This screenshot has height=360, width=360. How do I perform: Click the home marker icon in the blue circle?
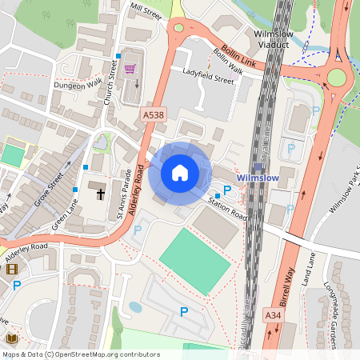(180, 172)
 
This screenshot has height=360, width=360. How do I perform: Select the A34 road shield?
(272, 317)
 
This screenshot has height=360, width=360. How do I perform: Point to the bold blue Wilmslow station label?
(257, 178)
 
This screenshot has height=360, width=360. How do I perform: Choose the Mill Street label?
(146, 10)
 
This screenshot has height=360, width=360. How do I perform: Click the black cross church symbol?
(99, 190)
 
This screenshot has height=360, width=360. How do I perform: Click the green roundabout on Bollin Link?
(335, 78)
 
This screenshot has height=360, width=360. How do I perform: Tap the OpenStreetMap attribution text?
(80, 354)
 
